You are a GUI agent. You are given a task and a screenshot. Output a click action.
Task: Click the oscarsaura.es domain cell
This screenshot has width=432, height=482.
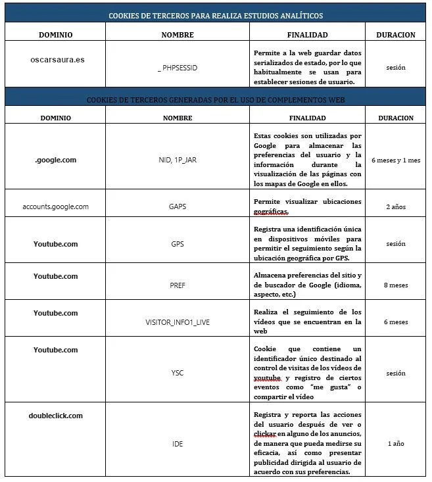(57, 59)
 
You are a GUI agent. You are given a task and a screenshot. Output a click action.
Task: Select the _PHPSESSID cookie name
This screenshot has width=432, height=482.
(178, 67)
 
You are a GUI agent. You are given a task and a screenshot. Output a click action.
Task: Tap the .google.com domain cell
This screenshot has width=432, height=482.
(56, 160)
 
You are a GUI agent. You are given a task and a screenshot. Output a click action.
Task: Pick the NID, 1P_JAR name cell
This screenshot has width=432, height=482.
(178, 160)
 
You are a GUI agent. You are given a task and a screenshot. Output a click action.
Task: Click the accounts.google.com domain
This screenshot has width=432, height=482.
(56, 206)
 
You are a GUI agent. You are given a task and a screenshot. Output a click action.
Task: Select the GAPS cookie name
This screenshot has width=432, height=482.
(178, 206)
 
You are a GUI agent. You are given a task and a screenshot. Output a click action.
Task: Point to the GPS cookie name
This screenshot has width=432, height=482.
(178, 243)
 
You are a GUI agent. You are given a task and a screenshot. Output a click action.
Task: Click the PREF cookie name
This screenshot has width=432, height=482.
(178, 286)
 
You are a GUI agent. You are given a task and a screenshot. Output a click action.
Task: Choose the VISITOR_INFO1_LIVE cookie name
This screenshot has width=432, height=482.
(178, 322)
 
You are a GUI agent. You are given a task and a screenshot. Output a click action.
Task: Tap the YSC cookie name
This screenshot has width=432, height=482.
(178, 373)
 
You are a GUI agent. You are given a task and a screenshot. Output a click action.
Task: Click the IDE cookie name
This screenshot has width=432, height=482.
(178, 444)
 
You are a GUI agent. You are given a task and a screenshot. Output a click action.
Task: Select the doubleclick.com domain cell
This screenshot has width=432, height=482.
(56, 416)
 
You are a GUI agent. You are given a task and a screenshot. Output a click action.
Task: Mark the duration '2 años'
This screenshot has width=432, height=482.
(396, 206)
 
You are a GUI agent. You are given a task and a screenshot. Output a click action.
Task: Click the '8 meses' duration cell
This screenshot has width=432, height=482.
(396, 286)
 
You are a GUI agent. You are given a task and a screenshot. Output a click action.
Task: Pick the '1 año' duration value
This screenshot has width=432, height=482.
(396, 444)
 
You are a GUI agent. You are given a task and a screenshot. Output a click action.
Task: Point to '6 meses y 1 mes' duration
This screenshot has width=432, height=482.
(396, 160)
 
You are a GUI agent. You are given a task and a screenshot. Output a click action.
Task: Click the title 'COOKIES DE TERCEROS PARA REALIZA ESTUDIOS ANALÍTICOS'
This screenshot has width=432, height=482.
(216, 15)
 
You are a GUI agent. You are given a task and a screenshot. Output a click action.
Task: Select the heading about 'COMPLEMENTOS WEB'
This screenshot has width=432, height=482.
(216, 100)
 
